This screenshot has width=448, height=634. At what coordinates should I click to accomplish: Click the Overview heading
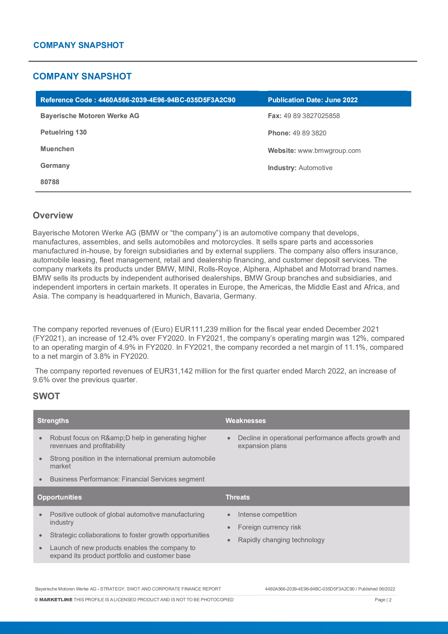pos(53,215)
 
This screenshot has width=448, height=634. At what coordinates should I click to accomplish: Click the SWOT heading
pos(46,396)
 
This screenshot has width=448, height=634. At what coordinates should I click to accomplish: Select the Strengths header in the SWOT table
pos(53,421)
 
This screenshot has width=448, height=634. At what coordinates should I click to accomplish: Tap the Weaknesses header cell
pos(246,421)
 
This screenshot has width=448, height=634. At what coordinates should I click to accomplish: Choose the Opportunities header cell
pos(60,497)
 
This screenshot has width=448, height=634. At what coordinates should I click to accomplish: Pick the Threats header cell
pos(238,497)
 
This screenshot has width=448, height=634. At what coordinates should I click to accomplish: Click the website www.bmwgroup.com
pos(329,151)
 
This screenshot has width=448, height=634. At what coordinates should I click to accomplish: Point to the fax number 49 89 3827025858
pos(312,116)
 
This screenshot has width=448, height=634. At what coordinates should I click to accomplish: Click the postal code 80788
pos(50,182)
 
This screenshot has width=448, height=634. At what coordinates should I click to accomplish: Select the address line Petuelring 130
pos(64,132)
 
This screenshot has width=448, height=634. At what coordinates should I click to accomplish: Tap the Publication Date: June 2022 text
pos(313,100)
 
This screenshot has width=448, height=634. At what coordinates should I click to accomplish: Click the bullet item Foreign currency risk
pos(269,527)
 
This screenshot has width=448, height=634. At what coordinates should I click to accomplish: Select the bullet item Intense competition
pos(267,514)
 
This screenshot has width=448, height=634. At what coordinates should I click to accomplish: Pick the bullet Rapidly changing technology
pos(281,540)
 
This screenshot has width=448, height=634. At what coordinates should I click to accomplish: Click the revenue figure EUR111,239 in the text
pos(196,329)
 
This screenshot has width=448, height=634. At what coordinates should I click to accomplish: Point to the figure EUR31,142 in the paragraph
pos(173,371)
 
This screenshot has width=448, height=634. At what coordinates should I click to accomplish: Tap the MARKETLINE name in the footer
pos(56,600)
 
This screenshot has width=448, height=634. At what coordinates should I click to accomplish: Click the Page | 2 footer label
pos(383,600)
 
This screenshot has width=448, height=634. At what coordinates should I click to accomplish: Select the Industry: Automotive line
pos(300,168)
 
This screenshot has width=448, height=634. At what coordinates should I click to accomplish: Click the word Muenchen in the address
pos(57,149)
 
